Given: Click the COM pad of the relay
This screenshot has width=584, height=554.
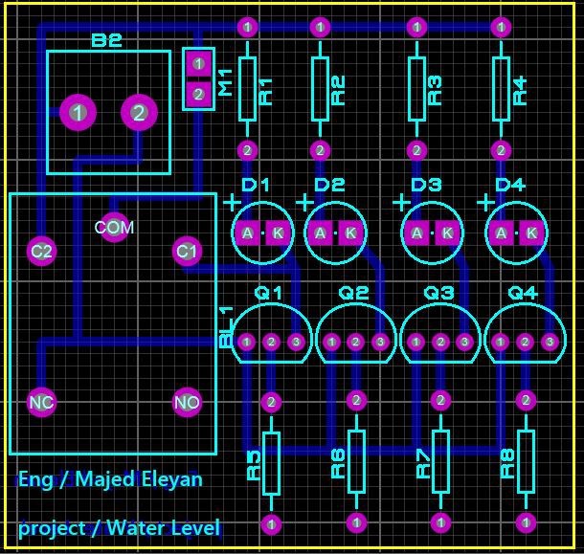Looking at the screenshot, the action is (x=114, y=227).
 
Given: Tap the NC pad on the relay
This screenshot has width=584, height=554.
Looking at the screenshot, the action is (x=42, y=403).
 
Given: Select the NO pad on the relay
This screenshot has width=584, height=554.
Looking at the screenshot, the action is (x=188, y=402).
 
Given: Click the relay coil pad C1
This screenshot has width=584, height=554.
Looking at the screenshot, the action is (x=187, y=252).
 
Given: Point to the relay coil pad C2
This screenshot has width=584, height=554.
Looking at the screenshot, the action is (x=41, y=252).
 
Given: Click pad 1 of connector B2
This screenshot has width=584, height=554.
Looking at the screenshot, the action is (x=78, y=112).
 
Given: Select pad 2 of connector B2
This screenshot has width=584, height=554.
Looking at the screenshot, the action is (x=139, y=112).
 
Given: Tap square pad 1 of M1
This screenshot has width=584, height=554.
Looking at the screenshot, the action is (x=198, y=64).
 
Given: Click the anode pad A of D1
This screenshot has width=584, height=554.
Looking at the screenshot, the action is (x=247, y=233).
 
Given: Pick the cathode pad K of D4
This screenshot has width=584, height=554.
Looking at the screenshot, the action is (x=531, y=233).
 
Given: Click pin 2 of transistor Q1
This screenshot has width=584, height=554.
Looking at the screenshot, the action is (x=271, y=342).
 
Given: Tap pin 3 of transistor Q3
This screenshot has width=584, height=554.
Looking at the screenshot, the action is (x=464, y=342).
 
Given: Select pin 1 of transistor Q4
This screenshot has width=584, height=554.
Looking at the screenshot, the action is (x=500, y=342).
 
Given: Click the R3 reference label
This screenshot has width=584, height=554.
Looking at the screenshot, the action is (x=435, y=91).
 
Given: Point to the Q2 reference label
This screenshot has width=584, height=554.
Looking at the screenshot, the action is (x=353, y=293).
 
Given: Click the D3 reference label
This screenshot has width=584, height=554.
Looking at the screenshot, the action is (x=426, y=185).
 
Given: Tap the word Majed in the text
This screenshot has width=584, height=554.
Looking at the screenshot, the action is (x=105, y=479).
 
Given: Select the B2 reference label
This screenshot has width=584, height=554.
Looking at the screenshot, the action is (x=107, y=40).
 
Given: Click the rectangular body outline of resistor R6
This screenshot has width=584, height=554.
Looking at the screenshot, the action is (x=356, y=462).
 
